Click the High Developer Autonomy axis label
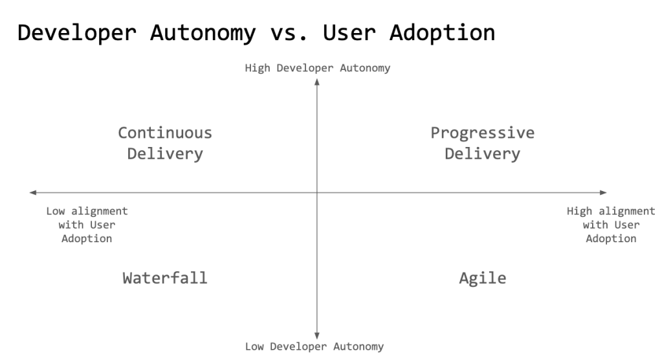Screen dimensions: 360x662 317,68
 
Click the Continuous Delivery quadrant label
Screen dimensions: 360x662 164,143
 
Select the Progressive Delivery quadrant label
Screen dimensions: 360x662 482,143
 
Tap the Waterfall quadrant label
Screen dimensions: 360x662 164,278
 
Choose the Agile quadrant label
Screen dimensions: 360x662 482,278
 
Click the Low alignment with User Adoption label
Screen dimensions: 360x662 87,225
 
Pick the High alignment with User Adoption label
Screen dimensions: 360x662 610,225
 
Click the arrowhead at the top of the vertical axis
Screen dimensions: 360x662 317,81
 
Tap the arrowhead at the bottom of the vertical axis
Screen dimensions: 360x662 317,335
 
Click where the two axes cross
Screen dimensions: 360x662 317,192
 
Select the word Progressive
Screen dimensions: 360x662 482,133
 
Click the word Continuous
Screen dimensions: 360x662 164,133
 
